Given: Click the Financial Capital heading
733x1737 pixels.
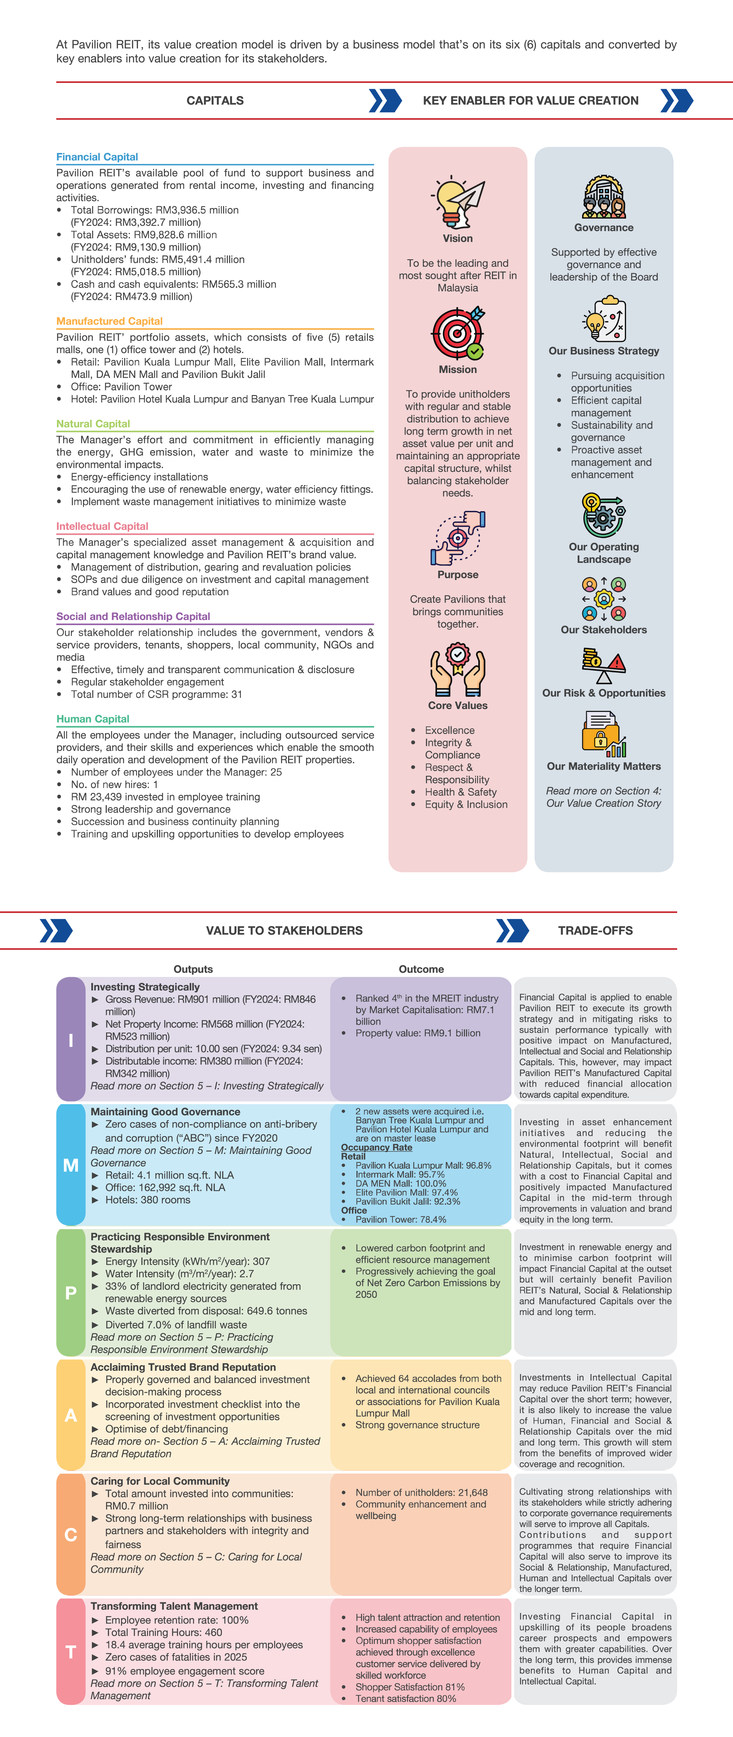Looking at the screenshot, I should pos(97,157).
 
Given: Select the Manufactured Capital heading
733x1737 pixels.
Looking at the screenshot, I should pos(109,321).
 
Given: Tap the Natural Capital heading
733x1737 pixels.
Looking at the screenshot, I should pos(93,423).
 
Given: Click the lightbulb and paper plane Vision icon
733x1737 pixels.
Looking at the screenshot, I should pos(458,202).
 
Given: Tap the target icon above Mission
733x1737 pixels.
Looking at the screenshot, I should pos(458,334).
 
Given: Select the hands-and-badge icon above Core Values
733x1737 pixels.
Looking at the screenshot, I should pos(458,669).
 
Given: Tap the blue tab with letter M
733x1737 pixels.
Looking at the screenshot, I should pos(71,1164).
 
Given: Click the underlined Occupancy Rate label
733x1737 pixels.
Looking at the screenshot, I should pos(376,1147).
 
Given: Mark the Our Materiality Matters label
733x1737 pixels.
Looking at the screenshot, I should pos(604,766).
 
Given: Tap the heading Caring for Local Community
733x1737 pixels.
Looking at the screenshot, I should pos(160,1481).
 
